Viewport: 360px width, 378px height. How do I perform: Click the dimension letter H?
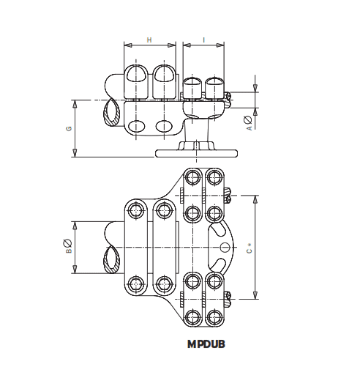(x=149, y=40)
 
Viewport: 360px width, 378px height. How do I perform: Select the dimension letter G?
(x=69, y=128)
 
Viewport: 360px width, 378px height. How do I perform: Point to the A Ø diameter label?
(x=249, y=120)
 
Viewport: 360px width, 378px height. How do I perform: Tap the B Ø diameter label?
(x=68, y=247)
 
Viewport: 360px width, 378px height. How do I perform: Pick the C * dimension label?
(x=250, y=249)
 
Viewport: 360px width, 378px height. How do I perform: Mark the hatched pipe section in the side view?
(x=113, y=113)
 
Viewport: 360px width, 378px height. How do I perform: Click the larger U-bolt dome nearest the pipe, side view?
(x=135, y=74)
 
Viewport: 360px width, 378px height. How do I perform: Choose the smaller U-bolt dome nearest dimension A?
(x=214, y=82)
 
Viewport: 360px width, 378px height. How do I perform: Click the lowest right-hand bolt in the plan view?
(x=215, y=317)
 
